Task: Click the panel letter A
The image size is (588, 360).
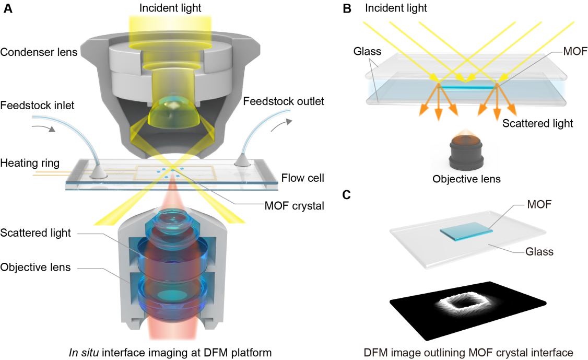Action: coord(8,9)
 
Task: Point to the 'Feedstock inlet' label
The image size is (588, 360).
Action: coord(38,106)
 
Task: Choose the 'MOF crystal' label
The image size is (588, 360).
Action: coord(295,206)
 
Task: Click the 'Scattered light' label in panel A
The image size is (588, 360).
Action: coord(36,233)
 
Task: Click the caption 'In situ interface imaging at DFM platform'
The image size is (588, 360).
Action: coord(170,352)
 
